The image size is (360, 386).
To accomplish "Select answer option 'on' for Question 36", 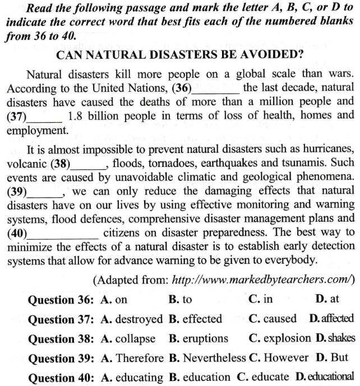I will pos(121,300).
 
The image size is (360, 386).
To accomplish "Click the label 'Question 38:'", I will pos(63,338).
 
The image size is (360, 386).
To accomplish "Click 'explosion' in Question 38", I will pos(287,338).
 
